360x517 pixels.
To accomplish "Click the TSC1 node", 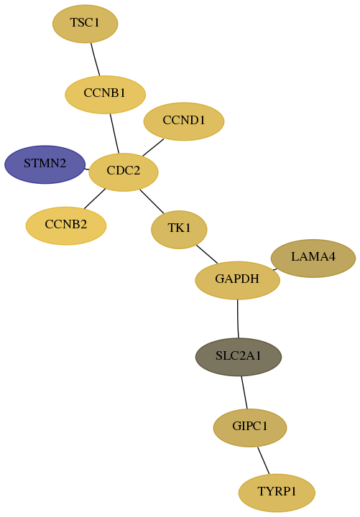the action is tap(85, 24).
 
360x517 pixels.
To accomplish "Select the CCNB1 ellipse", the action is tap(105, 95).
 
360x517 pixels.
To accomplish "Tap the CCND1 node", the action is tap(184, 121).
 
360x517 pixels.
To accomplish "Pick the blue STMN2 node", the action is tap(45, 164).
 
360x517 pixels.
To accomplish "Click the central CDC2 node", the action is tap(124, 172).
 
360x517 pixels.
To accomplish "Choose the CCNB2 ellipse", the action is tap(66, 226).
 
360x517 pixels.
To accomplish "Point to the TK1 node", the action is tap(179, 230).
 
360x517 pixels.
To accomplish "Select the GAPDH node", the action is tap(238, 280).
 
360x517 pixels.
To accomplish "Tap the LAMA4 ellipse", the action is tap(313, 258).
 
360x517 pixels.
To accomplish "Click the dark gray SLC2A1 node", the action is tap(239, 357).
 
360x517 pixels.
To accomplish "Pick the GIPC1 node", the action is tap(250, 428).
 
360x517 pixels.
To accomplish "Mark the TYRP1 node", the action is tap(277, 493).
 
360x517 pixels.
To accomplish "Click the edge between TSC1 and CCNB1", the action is tap(96, 60).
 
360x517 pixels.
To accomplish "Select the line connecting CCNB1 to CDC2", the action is tap(114, 134).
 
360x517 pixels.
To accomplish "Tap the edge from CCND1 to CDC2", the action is tap(153, 147).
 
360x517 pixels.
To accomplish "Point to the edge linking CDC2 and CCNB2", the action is tap(95, 199).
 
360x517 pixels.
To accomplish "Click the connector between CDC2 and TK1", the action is tap(152, 202).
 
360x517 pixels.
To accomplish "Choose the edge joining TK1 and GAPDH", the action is tap(207, 254).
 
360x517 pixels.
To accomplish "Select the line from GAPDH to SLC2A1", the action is tap(238, 319).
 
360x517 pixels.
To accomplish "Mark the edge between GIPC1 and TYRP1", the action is tap(264, 460).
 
